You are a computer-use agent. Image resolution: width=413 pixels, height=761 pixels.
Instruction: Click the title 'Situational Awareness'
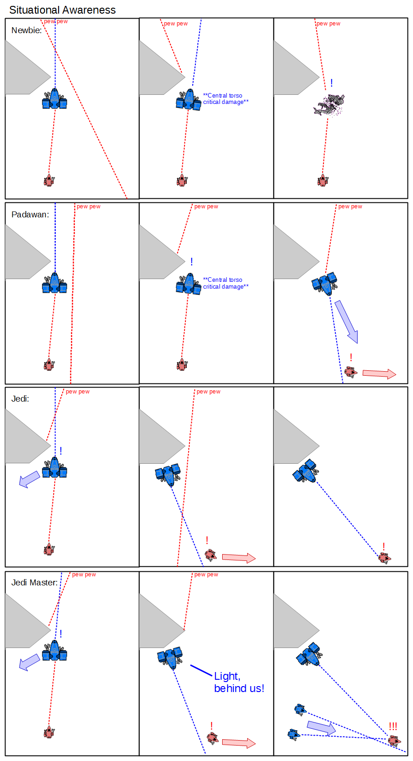pos(62,10)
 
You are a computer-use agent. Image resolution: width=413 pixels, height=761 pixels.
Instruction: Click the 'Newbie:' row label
pos(26,30)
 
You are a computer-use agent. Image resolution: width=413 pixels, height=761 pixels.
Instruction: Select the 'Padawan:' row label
pos(30,215)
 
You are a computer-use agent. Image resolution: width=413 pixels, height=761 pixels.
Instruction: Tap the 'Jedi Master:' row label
pos(35,582)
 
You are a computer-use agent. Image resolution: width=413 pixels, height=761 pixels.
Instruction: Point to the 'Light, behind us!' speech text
pos(239,682)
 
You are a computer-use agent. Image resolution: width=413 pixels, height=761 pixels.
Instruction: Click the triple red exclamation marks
pos(393,727)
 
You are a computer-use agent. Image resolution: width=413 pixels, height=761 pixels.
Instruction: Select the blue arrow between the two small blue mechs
pos(321,728)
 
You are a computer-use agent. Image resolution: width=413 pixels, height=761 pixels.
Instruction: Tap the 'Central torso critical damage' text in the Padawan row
pos(226,283)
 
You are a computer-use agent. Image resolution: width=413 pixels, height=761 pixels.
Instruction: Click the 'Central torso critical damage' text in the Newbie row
pos(226,99)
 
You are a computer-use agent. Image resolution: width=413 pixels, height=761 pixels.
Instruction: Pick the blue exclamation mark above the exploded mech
pos(332,83)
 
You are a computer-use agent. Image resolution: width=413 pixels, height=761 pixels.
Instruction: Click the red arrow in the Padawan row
pos(379,373)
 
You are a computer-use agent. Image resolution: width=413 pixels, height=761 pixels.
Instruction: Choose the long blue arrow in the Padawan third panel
pos(346,321)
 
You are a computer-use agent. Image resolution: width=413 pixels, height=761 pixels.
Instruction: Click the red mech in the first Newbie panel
pos(49,181)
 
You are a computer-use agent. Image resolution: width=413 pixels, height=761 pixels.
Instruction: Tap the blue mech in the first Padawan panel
pos(55,284)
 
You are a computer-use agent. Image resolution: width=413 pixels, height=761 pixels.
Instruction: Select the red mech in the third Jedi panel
pos(384,557)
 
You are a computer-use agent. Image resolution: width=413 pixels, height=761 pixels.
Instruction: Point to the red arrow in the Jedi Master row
pos(239,743)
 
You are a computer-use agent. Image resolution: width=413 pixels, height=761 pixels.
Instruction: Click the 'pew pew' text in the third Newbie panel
pos(328,24)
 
